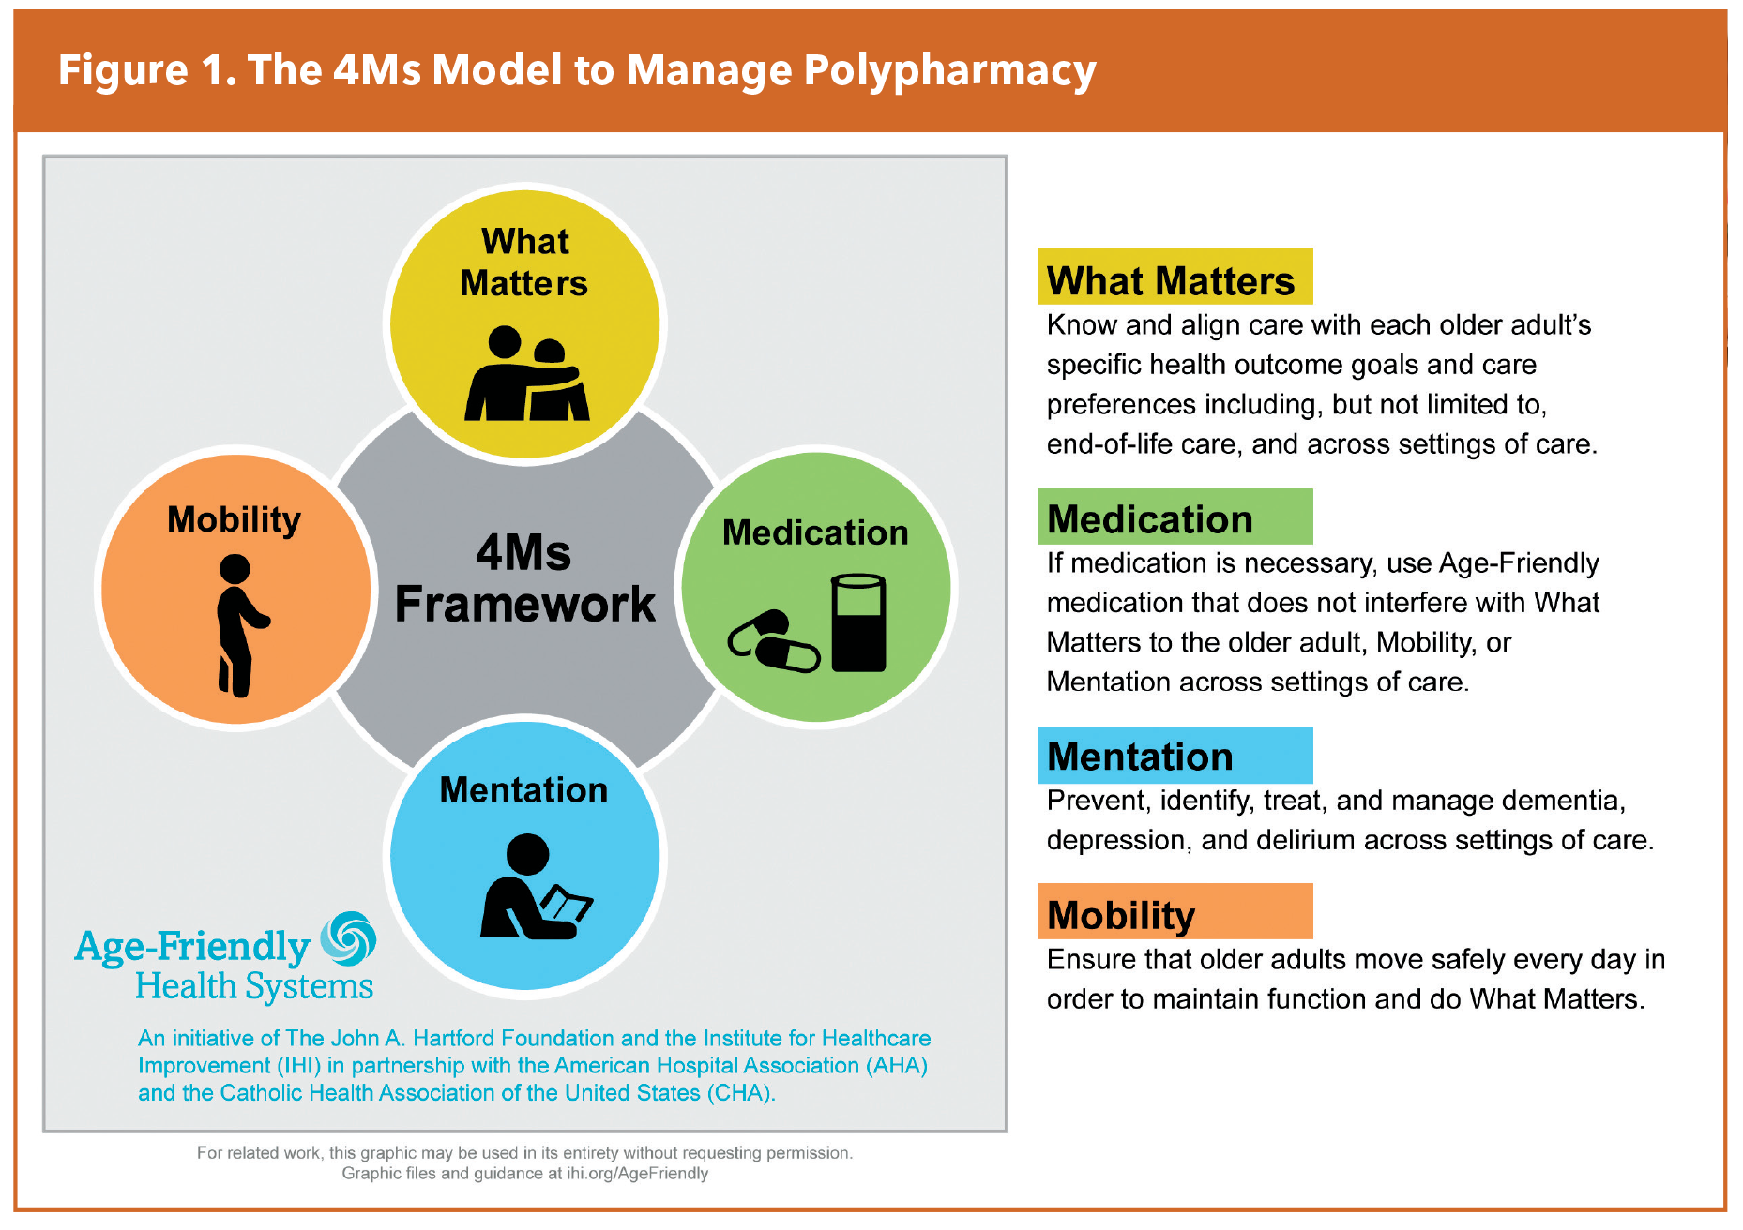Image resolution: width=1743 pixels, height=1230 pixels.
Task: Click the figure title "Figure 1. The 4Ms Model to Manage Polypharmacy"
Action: pos(576,71)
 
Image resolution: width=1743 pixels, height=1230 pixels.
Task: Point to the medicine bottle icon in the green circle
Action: pos(857,622)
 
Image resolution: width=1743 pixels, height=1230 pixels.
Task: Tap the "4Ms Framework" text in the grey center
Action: pos(524,578)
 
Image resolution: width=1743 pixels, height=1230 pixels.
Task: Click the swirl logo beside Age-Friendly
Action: pos(348,938)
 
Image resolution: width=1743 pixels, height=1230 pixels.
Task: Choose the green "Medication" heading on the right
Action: pos(1150,518)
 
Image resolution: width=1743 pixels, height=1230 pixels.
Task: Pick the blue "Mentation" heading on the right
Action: pos(1140,757)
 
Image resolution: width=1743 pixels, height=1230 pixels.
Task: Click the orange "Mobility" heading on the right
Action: pos(1121,915)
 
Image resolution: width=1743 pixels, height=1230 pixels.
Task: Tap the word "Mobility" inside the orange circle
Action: pos(234,519)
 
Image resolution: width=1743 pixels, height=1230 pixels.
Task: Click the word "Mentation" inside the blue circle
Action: pos(523,790)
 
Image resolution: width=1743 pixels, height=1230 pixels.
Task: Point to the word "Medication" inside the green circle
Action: pos(815,532)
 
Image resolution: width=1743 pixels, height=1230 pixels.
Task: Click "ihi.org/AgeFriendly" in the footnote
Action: pos(637,1174)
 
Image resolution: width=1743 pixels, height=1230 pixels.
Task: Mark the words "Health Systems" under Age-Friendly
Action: pos(254,986)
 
